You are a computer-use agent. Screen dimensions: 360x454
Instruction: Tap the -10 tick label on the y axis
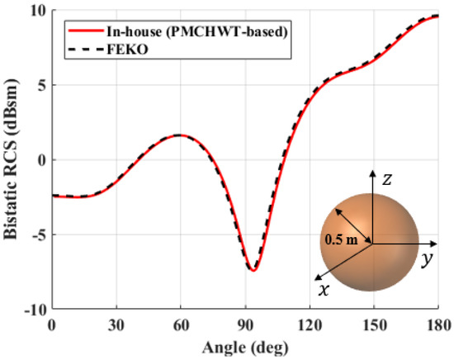[34, 310]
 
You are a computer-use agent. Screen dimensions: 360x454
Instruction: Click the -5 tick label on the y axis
[38, 235]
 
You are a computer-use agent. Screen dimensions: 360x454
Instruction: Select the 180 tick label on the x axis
[437, 324]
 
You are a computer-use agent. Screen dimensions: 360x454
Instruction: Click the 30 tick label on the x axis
[116, 324]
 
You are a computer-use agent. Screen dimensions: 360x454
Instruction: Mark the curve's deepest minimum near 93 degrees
[253, 270]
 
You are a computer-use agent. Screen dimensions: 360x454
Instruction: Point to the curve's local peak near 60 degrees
[181, 135]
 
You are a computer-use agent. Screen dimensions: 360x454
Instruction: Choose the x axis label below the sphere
[323, 289]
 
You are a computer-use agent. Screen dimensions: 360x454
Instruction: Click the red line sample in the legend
[76, 31]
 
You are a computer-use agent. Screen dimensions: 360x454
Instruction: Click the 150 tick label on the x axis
[373, 324]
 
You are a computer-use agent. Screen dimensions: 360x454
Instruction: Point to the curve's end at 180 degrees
[437, 16]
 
